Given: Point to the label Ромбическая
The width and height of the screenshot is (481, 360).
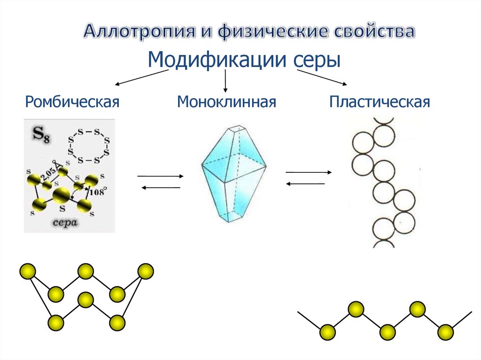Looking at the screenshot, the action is (x=73, y=101).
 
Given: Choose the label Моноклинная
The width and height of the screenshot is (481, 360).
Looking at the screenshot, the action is (x=226, y=101).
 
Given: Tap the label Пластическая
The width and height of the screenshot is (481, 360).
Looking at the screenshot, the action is (x=380, y=101).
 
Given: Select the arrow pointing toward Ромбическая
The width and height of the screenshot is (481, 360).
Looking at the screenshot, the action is (x=141, y=77).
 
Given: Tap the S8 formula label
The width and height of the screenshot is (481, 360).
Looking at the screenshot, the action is (x=41, y=135).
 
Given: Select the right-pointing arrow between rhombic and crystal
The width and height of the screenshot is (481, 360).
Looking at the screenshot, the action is (x=160, y=176).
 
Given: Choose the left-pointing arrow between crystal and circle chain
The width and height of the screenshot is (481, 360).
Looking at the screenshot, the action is (x=305, y=184).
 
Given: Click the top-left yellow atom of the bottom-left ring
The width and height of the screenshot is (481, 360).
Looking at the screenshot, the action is (x=27, y=271).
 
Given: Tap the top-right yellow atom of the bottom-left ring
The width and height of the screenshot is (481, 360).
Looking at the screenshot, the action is (x=145, y=271).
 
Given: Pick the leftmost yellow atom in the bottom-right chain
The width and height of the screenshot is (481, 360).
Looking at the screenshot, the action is (x=327, y=332).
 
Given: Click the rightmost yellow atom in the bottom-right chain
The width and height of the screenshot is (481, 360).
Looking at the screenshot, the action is (x=445, y=331).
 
